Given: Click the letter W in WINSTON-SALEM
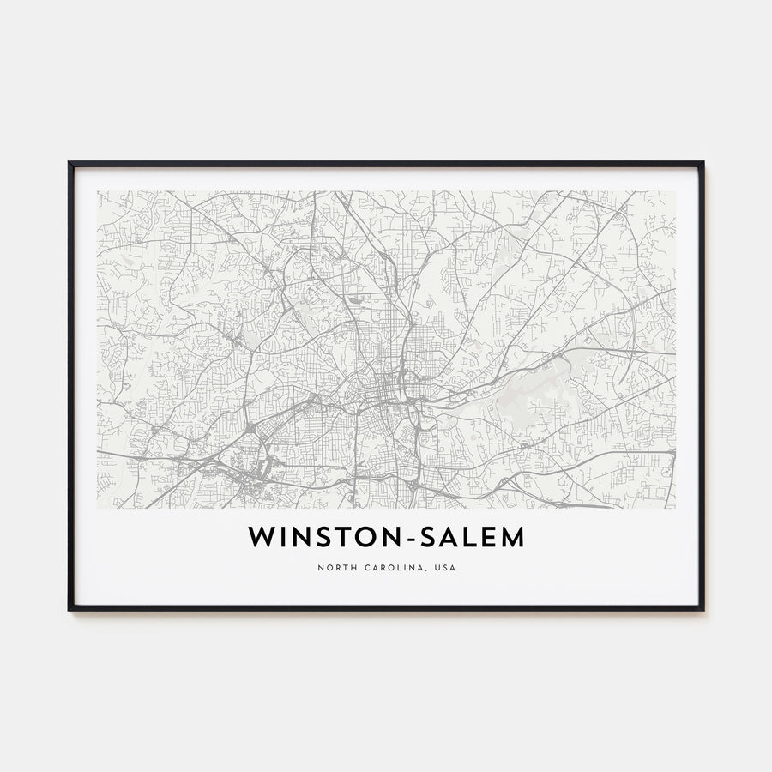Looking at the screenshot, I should (262, 538).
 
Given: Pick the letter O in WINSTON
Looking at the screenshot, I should (372, 538).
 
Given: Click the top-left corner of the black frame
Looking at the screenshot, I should (70, 163).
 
